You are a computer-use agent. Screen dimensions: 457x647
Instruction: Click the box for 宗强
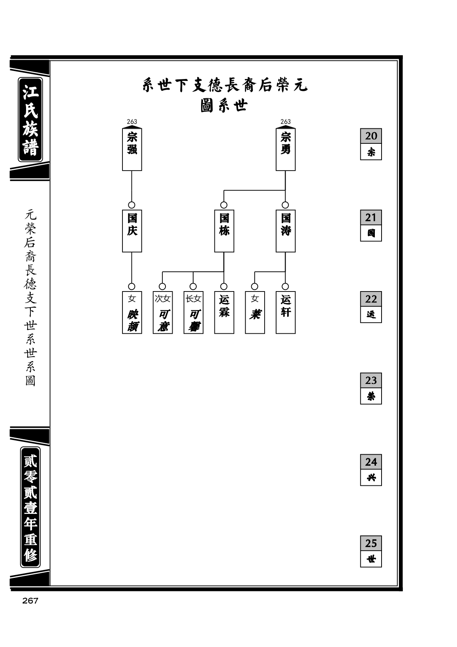(132, 149)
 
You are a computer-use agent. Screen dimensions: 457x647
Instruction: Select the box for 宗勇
(286, 149)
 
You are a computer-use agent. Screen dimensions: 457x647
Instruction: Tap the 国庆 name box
(132, 231)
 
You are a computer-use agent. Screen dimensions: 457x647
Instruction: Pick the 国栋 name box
(224, 231)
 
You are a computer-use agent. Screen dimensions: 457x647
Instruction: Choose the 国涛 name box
(286, 231)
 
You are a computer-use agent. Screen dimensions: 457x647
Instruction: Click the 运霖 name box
(224, 312)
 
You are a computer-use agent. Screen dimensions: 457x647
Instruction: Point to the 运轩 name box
(286, 312)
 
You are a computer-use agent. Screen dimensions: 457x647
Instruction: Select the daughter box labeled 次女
(163, 312)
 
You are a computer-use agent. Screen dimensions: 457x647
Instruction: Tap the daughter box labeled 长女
(193, 312)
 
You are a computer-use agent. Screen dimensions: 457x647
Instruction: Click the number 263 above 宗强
(132, 122)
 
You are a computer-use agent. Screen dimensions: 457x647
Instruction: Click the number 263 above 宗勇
(286, 122)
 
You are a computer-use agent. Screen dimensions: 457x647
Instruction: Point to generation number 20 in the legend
(371, 136)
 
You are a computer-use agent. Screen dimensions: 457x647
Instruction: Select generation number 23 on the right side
(371, 380)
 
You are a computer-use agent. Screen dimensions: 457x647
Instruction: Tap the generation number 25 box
(371, 543)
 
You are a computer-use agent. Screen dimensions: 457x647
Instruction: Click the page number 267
(30, 601)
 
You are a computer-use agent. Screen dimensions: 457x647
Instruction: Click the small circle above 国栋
(224, 205)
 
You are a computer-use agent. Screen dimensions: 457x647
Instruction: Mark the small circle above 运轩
(286, 286)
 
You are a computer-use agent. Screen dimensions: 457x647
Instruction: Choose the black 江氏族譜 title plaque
(30, 119)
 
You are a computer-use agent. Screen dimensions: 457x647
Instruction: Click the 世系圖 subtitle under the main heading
(224, 106)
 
